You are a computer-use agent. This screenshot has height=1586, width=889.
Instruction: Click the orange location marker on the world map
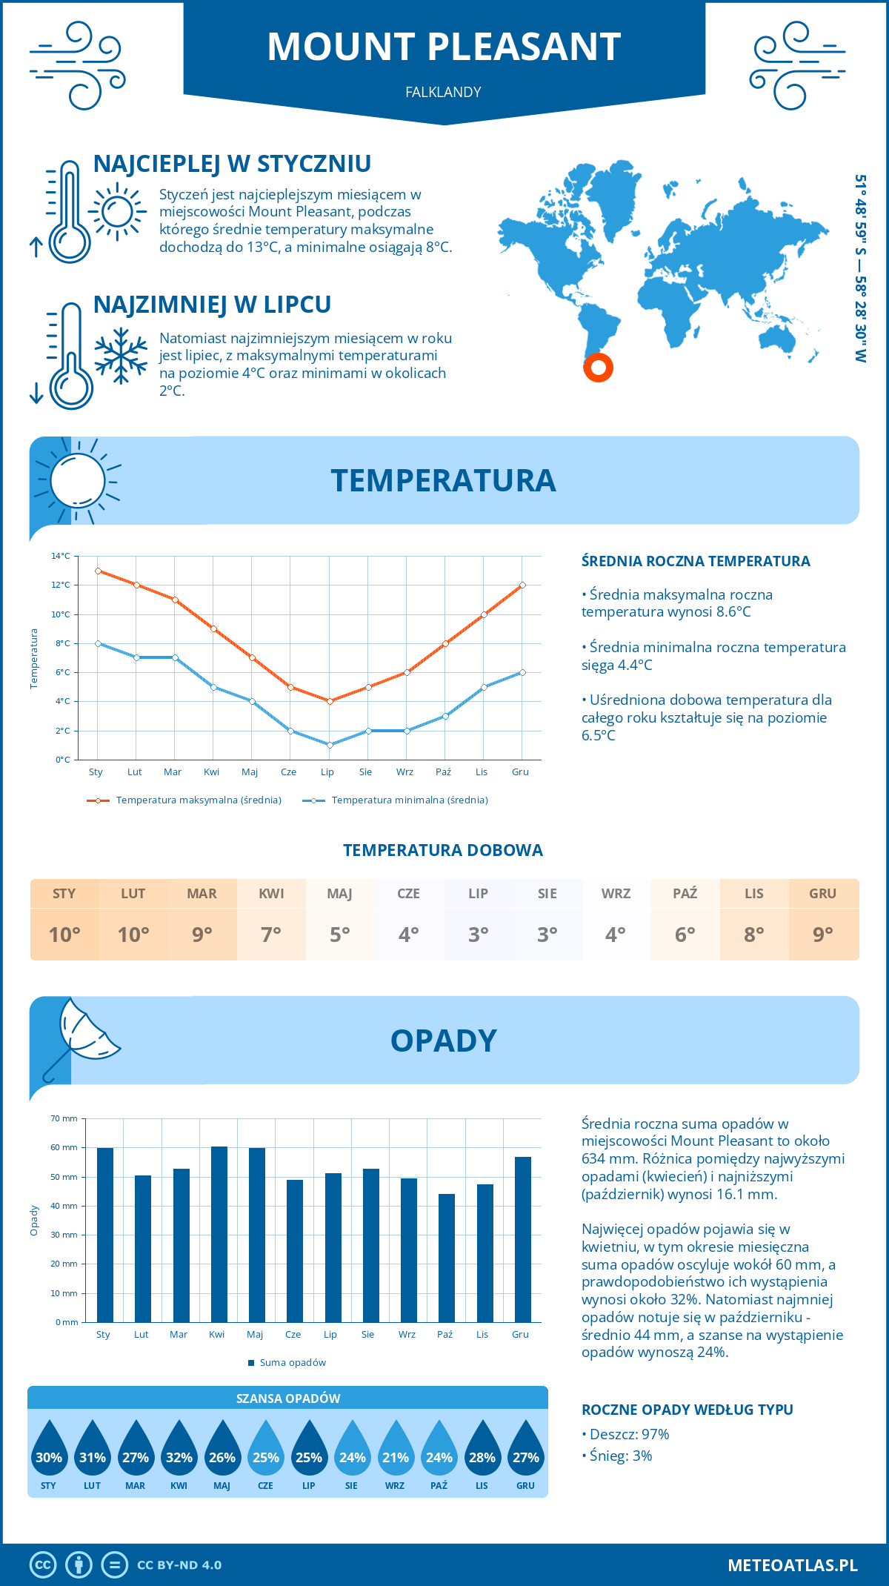[x=598, y=367]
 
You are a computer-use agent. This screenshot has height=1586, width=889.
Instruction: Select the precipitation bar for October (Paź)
[x=446, y=1258]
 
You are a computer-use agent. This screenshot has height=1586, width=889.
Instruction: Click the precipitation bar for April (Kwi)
[x=219, y=1234]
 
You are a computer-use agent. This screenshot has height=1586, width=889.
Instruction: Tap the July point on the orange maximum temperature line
[x=330, y=701]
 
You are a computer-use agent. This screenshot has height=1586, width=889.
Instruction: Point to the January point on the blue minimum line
[x=98, y=643]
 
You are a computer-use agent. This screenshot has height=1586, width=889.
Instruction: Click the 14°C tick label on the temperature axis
[x=61, y=556]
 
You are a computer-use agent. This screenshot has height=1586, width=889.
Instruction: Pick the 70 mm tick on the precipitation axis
[x=64, y=1118]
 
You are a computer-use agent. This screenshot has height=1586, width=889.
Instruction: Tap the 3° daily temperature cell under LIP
[x=478, y=935]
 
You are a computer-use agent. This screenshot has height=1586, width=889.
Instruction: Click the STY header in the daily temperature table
[x=64, y=894]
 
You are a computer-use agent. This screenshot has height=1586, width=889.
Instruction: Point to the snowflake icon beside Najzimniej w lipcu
[x=121, y=355]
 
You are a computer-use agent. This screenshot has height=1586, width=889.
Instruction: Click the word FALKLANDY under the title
[x=443, y=92]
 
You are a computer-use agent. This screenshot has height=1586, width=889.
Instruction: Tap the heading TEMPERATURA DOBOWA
[x=443, y=850]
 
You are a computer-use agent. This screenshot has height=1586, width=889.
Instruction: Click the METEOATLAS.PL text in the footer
[x=792, y=1565]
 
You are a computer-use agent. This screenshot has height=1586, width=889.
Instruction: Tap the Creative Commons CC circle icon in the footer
[x=43, y=1565]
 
